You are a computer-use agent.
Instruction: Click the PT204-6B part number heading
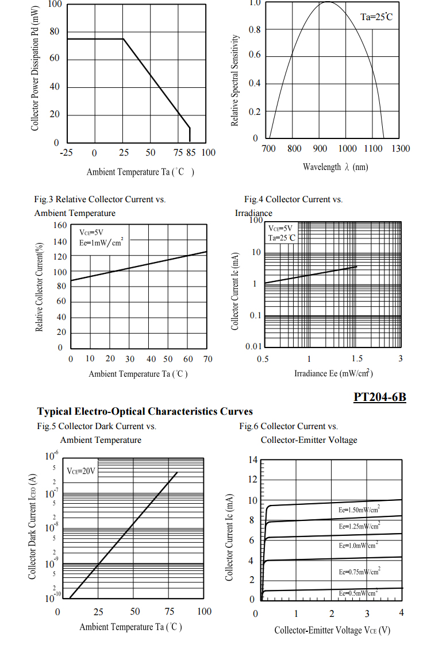point(379,396)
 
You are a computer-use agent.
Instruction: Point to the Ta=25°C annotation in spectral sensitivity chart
point(376,17)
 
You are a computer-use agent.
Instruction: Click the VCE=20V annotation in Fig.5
point(81,471)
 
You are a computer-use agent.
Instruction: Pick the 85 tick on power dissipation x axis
point(191,153)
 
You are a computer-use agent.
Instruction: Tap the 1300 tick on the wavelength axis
point(401,149)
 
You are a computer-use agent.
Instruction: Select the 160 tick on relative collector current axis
point(60,225)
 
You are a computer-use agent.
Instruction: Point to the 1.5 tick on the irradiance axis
point(357,359)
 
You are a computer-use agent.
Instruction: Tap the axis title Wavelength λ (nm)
point(336,167)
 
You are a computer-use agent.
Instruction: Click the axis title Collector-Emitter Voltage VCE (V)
point(332,630)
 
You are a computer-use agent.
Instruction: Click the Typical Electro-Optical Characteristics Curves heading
point(145,411)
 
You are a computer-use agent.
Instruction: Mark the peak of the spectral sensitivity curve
point(328,2)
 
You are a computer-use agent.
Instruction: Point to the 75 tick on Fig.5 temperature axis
point(170,611)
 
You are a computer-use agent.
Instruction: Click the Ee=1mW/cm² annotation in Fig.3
point(101,242)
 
